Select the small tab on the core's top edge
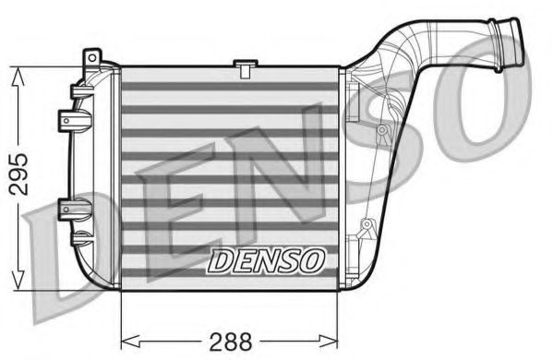tap(245, 66)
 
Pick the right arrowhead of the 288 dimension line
tap(336, 339)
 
